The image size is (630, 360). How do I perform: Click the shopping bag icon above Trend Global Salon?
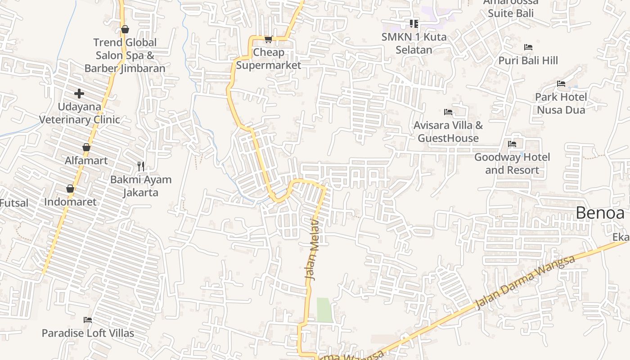point(125,30)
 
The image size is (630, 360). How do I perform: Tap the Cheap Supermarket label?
point(269,58)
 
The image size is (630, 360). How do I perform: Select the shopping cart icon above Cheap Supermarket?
point(268,40)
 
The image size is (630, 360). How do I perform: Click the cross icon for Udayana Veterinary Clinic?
point(79,94)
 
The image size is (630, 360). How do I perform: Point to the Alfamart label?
point(86,161)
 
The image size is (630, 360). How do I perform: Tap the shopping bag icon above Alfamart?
point(86,147)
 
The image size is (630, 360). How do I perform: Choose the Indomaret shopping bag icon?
point(70,189)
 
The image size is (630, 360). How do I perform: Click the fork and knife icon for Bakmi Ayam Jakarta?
point(141,166)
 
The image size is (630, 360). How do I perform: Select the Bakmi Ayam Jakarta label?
point(141,186)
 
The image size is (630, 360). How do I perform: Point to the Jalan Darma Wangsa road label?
point(525,282)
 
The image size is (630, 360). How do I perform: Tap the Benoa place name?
point(600,213)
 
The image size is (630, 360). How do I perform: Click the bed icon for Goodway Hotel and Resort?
point(512,144)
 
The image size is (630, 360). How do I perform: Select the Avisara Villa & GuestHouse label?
point(448,131)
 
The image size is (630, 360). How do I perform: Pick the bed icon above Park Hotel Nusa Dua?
point(561,84)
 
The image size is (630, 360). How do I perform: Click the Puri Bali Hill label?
point(528,60)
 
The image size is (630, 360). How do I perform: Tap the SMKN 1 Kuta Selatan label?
point(414,43)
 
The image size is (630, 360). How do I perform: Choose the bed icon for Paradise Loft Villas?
point(88,320)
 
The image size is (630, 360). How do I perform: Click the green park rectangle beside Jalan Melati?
point(324,310)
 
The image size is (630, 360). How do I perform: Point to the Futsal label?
point(14,203)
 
